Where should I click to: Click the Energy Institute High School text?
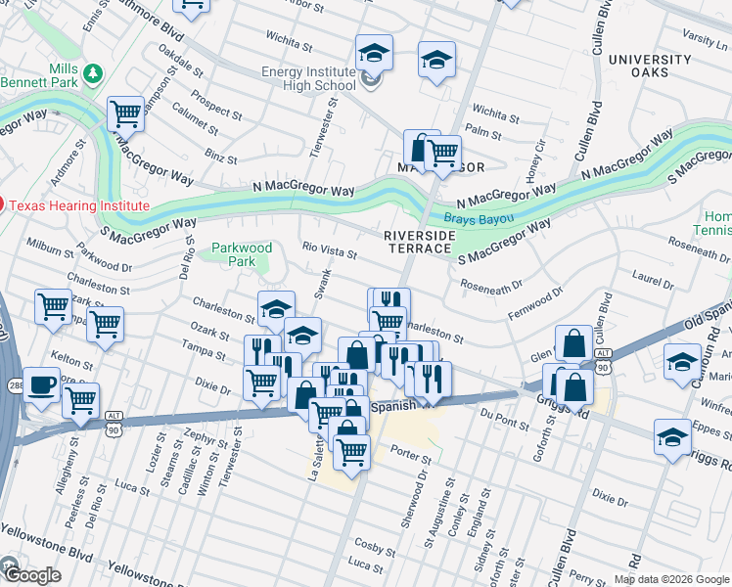point(307,78)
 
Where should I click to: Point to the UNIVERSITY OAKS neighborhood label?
point(651,67)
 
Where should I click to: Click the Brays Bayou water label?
point(473,219)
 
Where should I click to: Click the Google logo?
point(31,574)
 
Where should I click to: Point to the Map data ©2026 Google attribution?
point(671,579)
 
